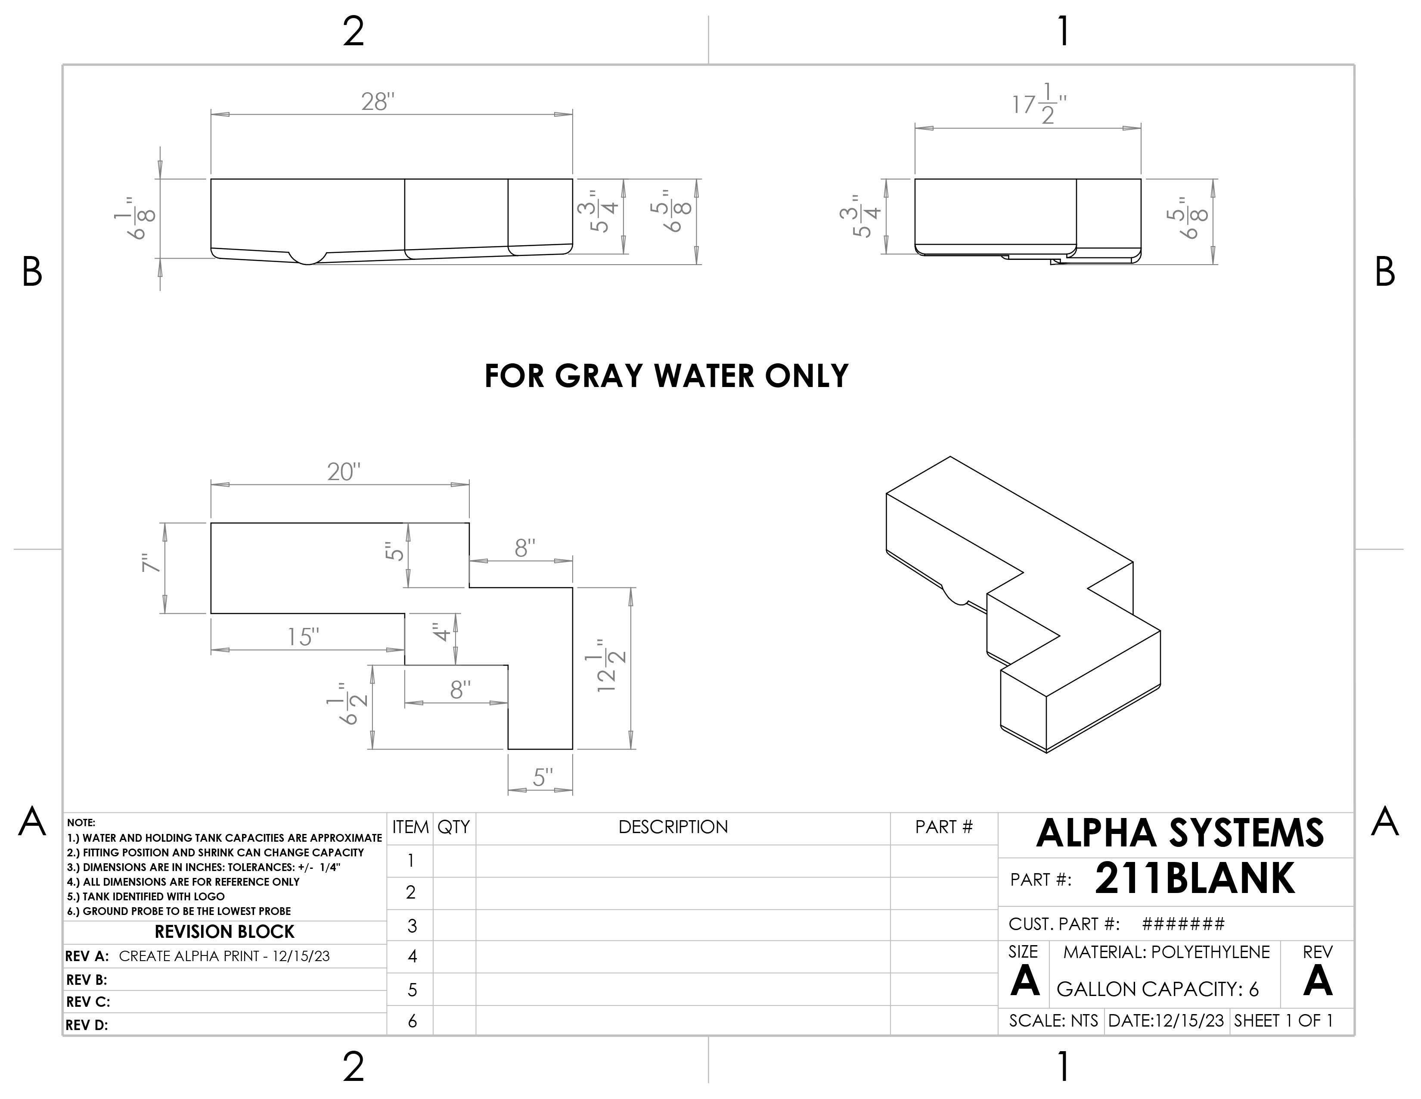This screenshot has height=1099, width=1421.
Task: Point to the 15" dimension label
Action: click(x=303, y=637)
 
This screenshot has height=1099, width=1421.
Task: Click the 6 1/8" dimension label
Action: click(x=143, y=218)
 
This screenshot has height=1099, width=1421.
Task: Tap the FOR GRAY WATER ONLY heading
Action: click(x=666, y=376)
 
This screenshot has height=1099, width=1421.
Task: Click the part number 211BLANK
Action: click(x=1195, y=879)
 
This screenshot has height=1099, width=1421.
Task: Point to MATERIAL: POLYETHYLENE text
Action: click(x=1166, y=952)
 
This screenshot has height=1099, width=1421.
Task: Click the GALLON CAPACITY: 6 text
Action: click(x=1157, y=989)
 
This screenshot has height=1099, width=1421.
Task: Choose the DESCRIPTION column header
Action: click(x=673, y=827)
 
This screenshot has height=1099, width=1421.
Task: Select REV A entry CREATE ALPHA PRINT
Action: click(x=224, y=956)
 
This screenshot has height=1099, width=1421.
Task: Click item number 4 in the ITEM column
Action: click(x=412, y=956)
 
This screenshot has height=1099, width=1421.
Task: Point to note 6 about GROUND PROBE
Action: click(x=179, y=911)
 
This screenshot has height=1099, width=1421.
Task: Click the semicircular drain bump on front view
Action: click(x=308, y=258)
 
